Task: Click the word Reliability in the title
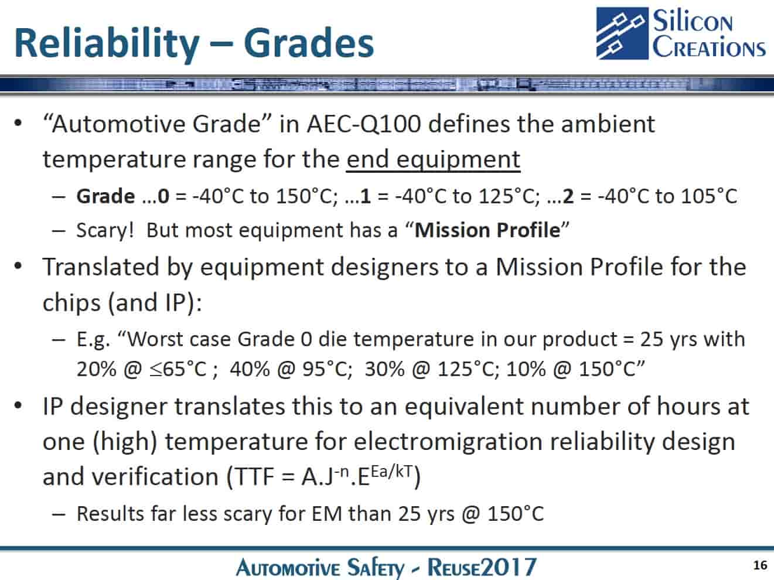[107, 44]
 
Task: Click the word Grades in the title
[309, 43]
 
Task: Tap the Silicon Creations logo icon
[622, 33]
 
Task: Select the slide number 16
[760, 565]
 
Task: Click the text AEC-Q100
[364, 124]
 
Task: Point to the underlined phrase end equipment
[434, 159]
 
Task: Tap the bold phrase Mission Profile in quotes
[487, 230]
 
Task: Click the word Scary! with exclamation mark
[105, 231]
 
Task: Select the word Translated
[101, 267]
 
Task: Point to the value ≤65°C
[178, 369]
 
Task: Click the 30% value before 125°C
[385, 369]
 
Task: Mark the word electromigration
[448, 442]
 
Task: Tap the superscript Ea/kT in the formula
[391, 472]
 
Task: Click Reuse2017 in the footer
[482, 567]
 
